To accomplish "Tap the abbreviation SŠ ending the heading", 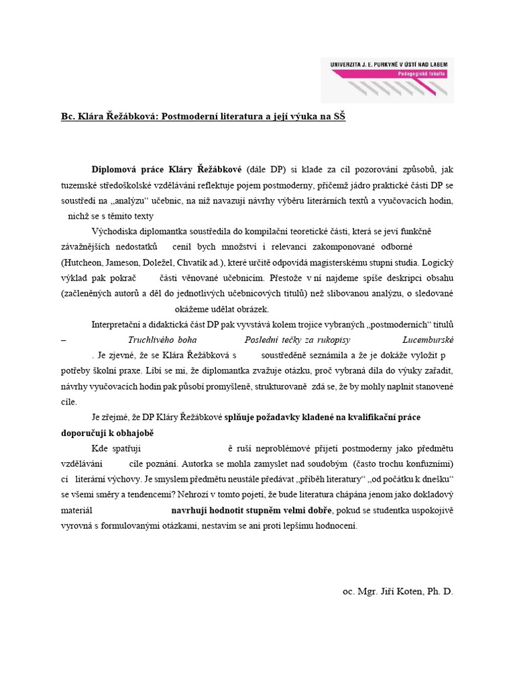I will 339,116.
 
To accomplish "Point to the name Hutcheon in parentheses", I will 84,262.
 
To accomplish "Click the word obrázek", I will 251,309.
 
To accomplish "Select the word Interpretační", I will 120,325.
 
